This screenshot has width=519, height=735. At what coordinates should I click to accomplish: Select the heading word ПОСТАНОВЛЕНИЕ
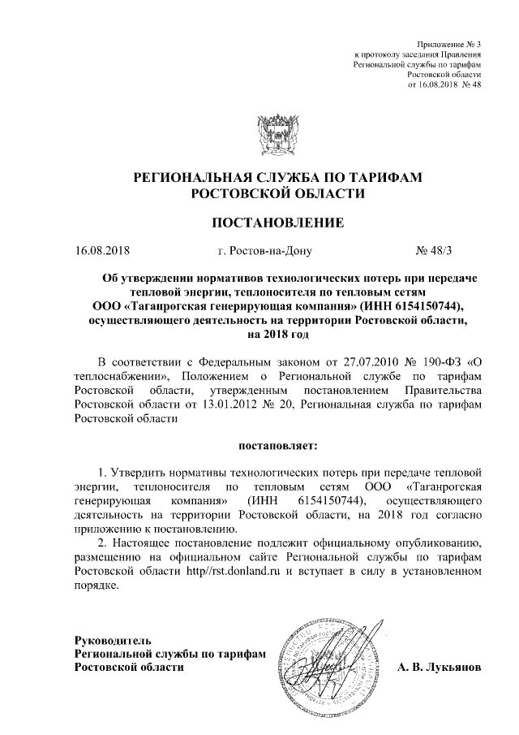coord(278,222)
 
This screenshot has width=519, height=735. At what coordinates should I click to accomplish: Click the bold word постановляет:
coord(277,446)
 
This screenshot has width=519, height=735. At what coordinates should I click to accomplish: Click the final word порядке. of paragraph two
coord(96,586)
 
